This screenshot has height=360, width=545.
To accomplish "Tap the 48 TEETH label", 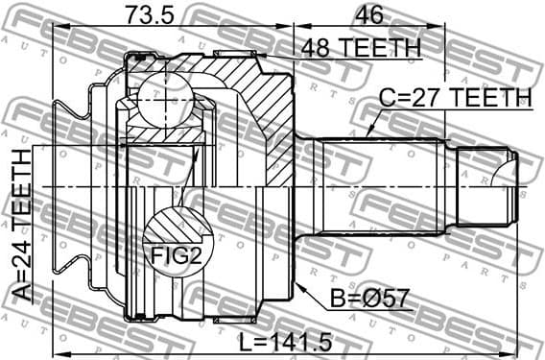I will click(x=361, y=47).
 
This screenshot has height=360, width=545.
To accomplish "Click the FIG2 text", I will click(x=174, y=255).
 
